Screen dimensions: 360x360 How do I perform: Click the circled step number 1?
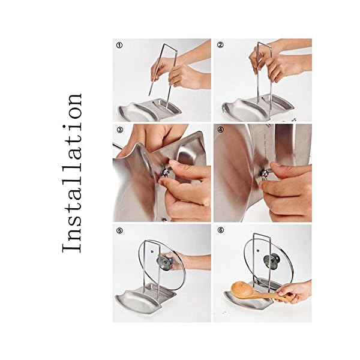[119, 45]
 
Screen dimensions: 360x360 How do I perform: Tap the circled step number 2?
[220, 45]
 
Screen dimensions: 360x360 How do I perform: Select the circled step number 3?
[120, 130]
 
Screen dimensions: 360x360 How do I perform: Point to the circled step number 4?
[220, 130]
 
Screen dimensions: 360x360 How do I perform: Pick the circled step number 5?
[119, 231]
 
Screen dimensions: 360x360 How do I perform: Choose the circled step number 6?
[221, 230]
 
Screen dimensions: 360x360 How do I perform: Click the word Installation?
[72, 173]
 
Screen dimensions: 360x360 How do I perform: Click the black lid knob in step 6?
[272, 260]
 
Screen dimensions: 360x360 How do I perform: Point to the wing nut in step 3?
[166, 172]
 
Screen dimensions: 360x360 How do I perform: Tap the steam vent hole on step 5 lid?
[152, 251]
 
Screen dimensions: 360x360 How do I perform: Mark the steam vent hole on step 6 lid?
[258, 250]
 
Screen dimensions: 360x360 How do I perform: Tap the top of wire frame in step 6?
[262, 235]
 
